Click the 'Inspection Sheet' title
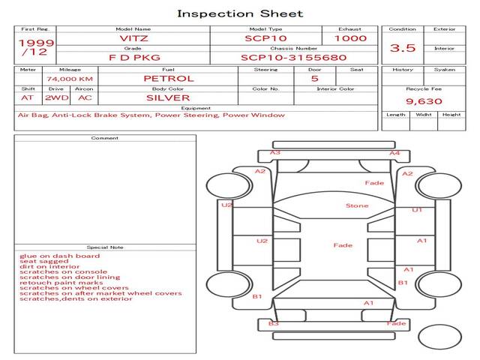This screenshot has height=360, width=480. tap(240, 13)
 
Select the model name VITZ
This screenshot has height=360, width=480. tap(134, 38)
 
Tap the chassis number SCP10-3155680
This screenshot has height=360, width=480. tap(293, 57)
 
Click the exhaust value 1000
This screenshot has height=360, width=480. tap(350, 38)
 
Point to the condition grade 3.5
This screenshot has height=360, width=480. tap(403, 48)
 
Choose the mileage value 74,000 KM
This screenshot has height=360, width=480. tap(69, 79)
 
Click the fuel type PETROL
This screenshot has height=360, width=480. tap(168, 78)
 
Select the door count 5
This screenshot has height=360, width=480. tap(314, 78)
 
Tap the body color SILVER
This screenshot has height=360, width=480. tap(168, 97)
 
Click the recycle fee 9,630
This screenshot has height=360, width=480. tap(424, 101)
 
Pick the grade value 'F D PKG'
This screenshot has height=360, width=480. tap(134, 57)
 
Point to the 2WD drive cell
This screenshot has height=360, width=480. tap(56, 97)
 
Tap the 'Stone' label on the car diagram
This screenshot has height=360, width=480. tap(356, 205)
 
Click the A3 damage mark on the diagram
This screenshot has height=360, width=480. tap(275, 153)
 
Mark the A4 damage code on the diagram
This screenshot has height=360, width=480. tap(394, 153)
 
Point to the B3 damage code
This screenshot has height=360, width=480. tap(274, 323)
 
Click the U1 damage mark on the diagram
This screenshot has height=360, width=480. tap(417, 210)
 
